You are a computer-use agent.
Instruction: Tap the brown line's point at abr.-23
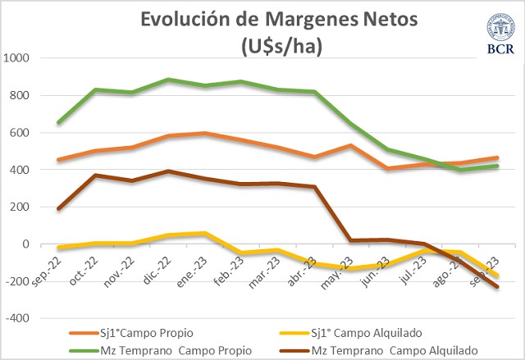tap(316, 187)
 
